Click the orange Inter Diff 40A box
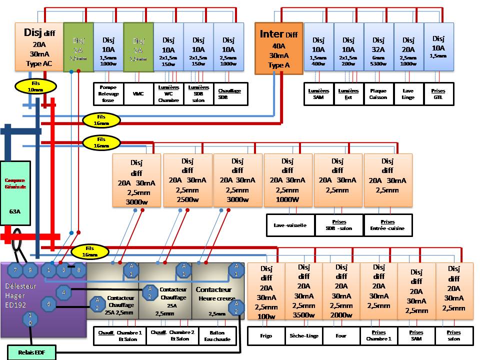(278, 48)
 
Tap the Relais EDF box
(31, 352)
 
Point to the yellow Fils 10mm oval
(35, 86)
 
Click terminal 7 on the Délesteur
(15, 270)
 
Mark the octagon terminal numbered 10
(30, 318)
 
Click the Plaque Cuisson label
(378, 94)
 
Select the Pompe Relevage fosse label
(109, 93)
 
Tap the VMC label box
(138, 93)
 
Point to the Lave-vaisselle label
(290, 225)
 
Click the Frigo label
(266, 335)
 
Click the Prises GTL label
(438, 94)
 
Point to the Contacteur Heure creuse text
(214, 293)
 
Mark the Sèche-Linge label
(303, 335)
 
